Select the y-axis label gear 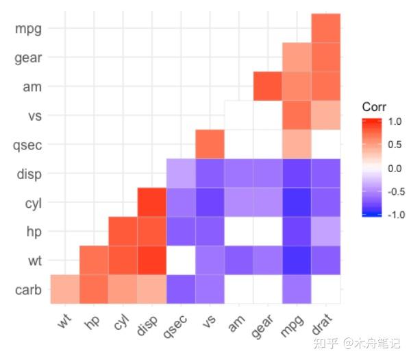(28, 58)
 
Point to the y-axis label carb (28, 290)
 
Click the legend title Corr (375, 108)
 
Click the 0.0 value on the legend (395, 168)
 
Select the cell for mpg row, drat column (325, 28)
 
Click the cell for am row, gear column (268, 86)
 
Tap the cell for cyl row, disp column (152, 202)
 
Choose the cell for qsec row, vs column (210, 144)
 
